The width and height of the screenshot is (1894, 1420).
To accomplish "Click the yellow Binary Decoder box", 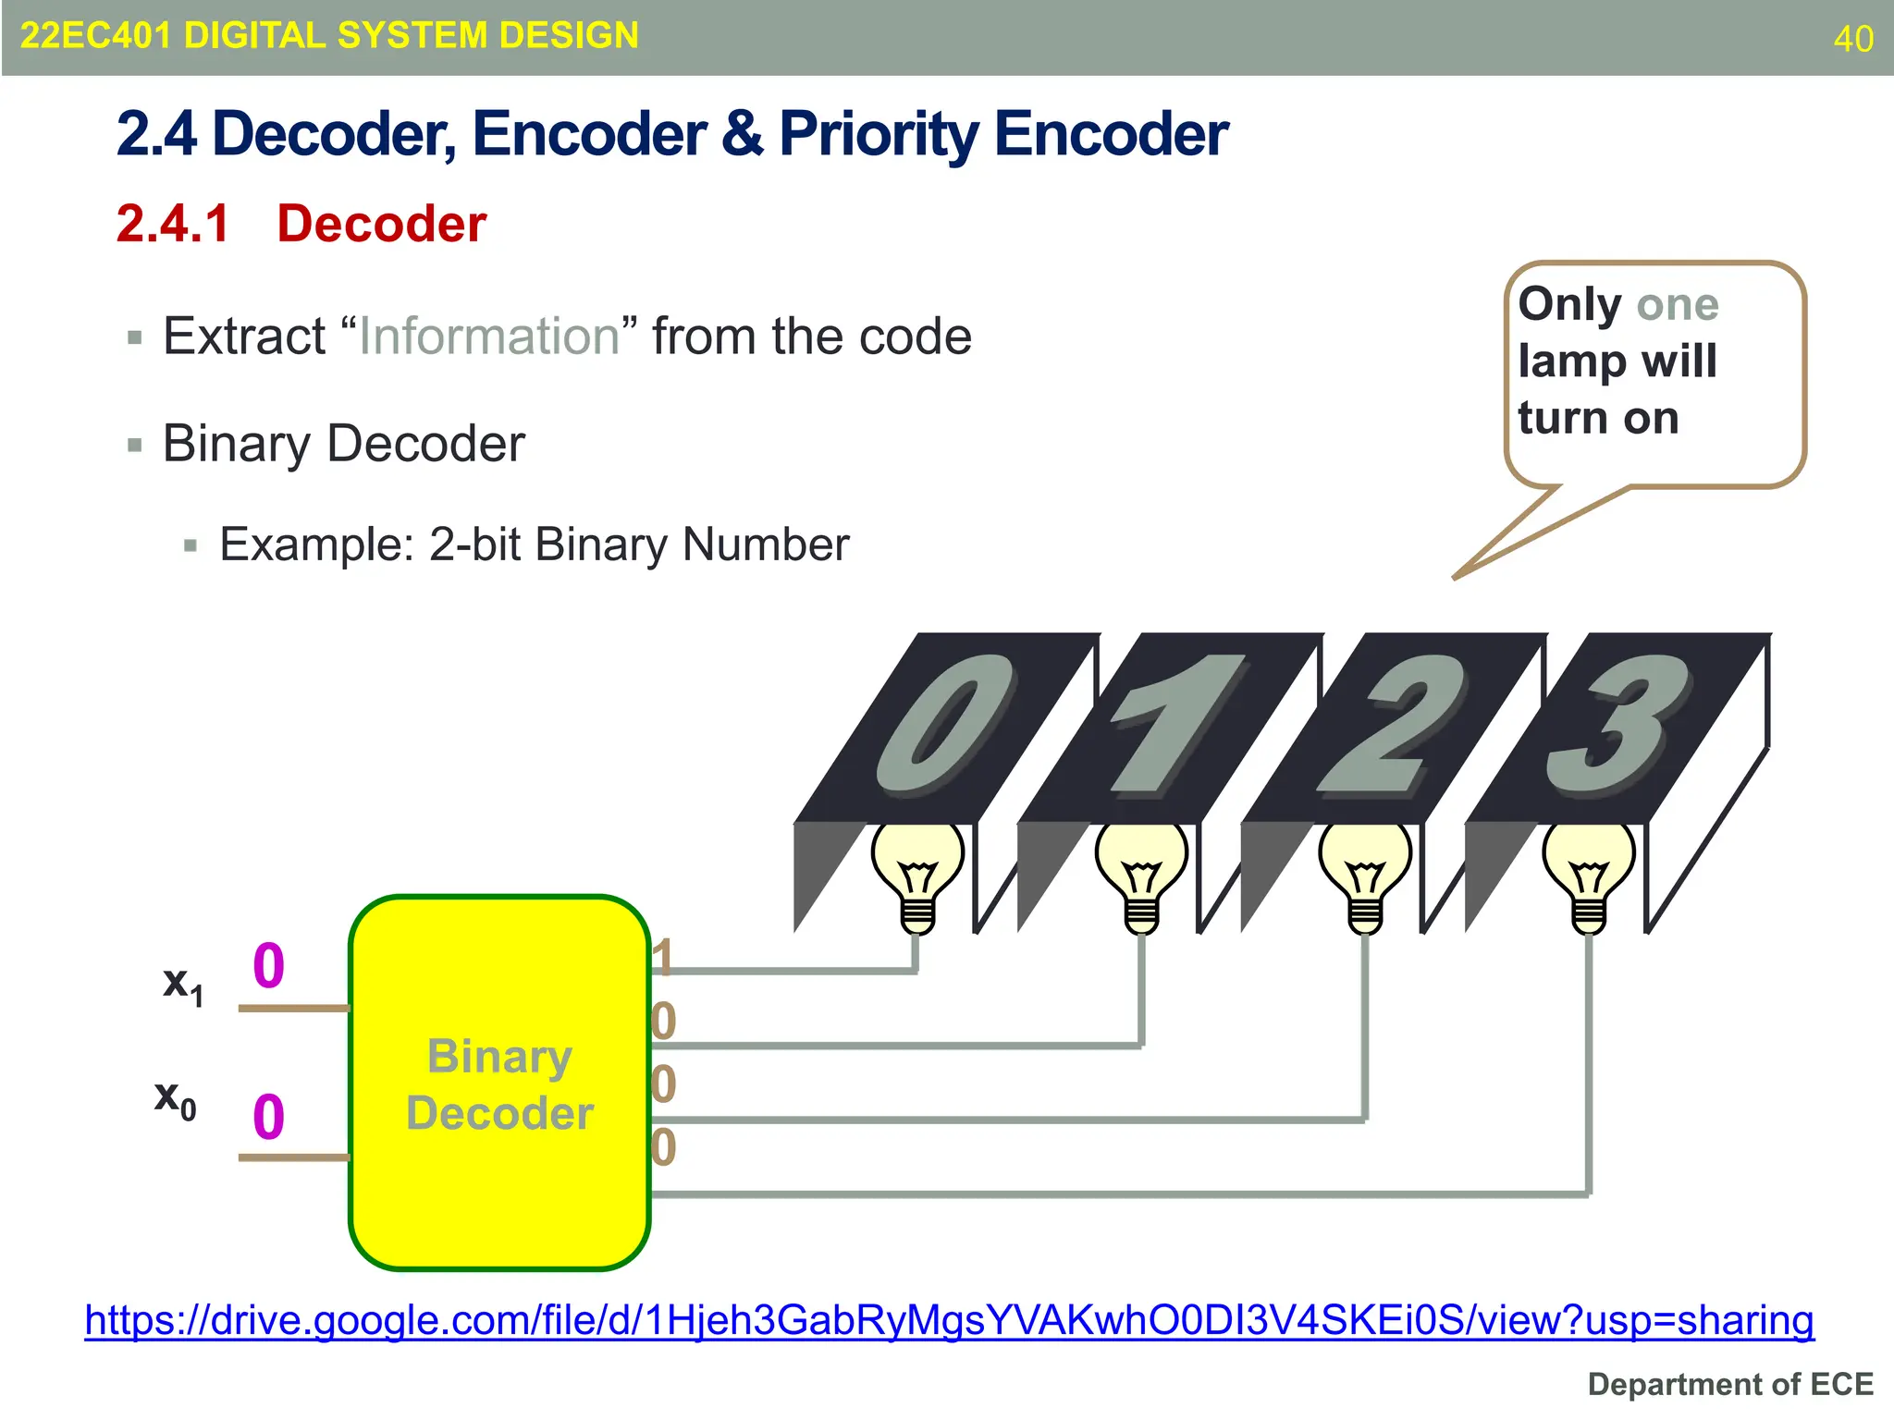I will click(x=499, y=1082).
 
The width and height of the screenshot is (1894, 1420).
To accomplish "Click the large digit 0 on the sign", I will click(x=943, y=726).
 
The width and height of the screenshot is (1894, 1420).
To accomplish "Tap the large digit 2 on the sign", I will click(x=1392, y=726).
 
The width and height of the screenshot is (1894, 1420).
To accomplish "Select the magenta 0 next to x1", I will click(x=268, y=966).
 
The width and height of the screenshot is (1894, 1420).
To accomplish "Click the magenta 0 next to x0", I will click(x=268, y=1117).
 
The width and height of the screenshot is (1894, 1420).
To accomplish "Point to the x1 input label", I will click(x=182, y=985).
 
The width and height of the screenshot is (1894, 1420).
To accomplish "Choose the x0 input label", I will click(x=175, y=1099).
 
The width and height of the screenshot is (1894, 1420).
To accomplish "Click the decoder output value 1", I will click(x=662, y=957).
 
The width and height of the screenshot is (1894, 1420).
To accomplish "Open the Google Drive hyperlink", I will click(x=949, y=1320).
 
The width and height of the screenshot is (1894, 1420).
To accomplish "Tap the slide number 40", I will click(x=1853, y=39).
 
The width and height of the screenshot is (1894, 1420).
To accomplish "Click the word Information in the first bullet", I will click(x=488, y=336).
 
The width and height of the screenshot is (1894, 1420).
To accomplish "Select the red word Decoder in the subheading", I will click(x=381, y=224).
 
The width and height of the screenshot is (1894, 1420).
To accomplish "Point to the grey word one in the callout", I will click(x=1677, y=304).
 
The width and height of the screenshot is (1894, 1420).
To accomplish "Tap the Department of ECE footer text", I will click(x=1730, y=1384).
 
